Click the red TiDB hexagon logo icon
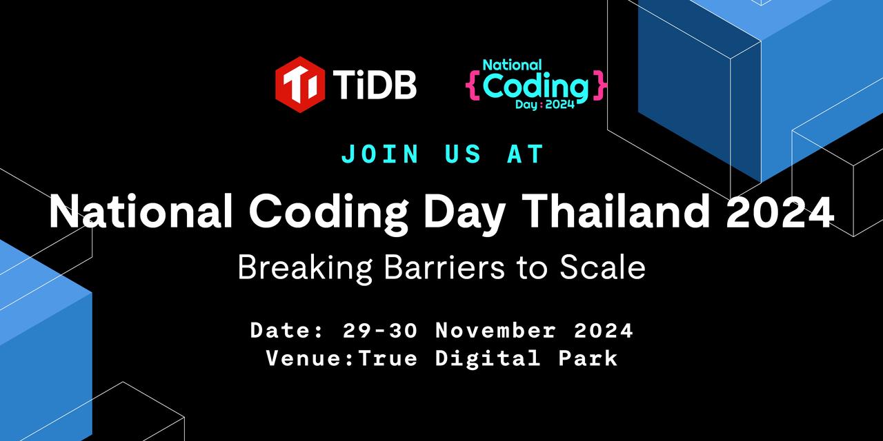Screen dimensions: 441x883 tap(300, 84)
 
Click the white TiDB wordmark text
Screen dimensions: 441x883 tap(376, 85)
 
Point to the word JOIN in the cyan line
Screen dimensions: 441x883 tap(380, 154)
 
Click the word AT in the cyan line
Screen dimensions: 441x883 tap(525, 154)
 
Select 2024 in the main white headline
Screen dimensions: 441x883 tap(780, 213)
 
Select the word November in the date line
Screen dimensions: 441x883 tap(495, 331)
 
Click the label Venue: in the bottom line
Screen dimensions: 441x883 tap(310, 359)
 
